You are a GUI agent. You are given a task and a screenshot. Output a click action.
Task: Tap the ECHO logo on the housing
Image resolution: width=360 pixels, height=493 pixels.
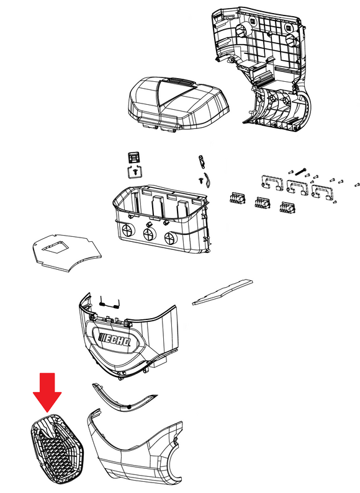[115, 340]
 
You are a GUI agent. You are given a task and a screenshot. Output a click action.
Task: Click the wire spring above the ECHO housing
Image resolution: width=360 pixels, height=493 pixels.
[109, 303]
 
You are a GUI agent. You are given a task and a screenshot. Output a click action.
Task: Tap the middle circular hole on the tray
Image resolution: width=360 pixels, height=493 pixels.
[149, 234]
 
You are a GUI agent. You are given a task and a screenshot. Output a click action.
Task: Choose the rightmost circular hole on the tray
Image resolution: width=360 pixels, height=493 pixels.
[170, 238]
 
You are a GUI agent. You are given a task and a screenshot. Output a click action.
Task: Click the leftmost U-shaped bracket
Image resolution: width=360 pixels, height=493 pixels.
[271, 183]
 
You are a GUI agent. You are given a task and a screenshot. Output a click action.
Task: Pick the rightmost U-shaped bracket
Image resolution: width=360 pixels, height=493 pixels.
[322, 192]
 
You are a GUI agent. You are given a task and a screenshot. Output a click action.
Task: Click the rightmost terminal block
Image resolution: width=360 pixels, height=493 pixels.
[288, 208]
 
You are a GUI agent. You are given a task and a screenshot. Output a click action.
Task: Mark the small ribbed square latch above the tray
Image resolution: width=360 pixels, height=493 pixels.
[133, 158]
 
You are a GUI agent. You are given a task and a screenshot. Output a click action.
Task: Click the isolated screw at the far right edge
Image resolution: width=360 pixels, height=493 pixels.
[357, 185]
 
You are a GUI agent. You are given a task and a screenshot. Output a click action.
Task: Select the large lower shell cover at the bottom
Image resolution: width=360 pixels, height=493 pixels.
[135, 450]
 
